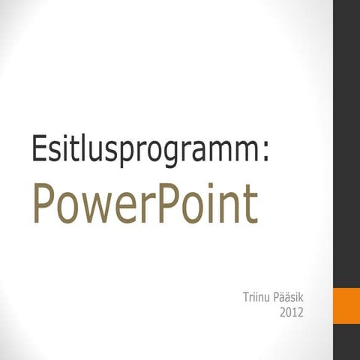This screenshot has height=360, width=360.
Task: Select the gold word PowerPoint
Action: tap(145, 202)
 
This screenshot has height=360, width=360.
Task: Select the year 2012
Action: tap(290, 312)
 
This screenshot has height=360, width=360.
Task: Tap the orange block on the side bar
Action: tap(346, 307)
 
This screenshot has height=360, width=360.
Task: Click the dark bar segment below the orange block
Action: tap(346, 344)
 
